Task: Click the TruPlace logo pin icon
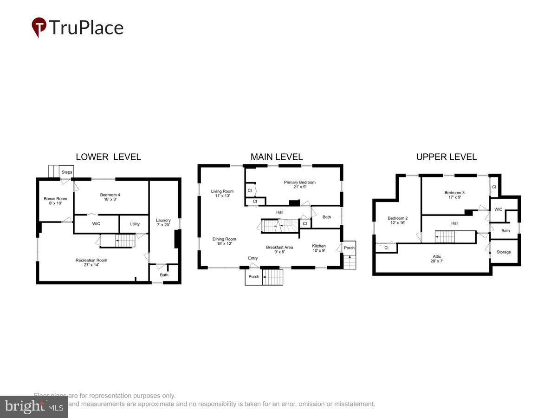pos(39,27)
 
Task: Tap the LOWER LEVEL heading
pos(109,157)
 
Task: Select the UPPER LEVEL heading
pos(446,157)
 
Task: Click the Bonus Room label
pos(56,201)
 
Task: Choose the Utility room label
pos(135,224)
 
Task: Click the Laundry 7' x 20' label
pos(163,223)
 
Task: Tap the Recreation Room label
pos(91,262)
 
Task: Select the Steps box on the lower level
pos(67,172)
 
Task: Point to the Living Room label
pos(222,194)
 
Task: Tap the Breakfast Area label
pos(279,250)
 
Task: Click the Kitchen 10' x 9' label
pos(318,248)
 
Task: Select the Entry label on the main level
pos(253,258)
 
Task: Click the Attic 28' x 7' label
pos(437,259)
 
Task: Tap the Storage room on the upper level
pos(504,252)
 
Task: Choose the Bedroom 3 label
pos(454,195)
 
